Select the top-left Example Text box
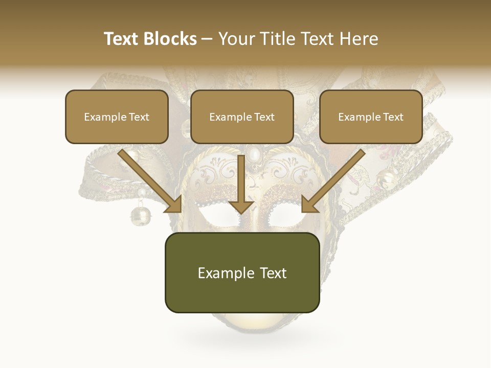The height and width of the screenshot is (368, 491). click(117, 117)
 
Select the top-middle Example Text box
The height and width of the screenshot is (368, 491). click(242, 117)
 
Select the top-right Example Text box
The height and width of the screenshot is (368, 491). click(371, 117)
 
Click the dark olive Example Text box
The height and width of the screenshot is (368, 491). click(242, 272)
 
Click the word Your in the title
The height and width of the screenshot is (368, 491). click(235, 39)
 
